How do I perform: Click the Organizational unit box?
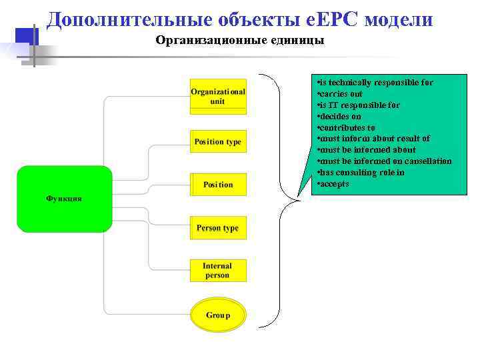pyautogui.click(x=218, y=97)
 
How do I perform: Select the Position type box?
pyautogui.click(x=218, y=142)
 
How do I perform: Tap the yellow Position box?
pyautogui.click(x=218, y=185)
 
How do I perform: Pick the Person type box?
pyautogui.click(x=218, y=228)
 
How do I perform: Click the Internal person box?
pyautogui.click(x=218, y=271)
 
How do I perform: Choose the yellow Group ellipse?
pyautogui.click(x=218, y=315)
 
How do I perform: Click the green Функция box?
pyautogui.click(x=64, y=199)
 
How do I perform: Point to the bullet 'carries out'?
pyautogui.click(x=341, y=94)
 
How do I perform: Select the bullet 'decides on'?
pyautogui.click(x=340, y=117)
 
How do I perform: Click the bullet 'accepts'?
pyautogui.click(x=334, y=184)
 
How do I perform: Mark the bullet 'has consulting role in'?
pyautogui.click(x=361, y=173)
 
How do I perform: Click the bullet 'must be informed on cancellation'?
pyautogui.click(x=385, y=161)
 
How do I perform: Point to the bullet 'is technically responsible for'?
pyautogui.click(x=375, y=83)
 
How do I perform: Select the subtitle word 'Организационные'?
pyautogui.click(x=201, y=41)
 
